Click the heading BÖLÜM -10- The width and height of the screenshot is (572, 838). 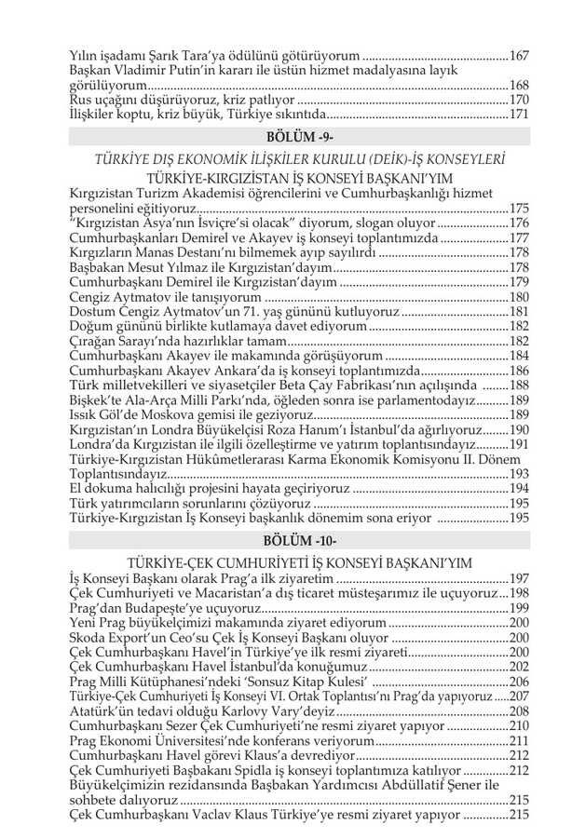click(286, 541)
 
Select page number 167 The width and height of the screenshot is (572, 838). click(519, 56)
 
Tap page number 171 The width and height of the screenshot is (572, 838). click(519, 115)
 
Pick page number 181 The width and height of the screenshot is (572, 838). click(519, 311)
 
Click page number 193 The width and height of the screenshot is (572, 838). click(519, 473)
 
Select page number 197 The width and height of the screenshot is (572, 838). click(519, 578)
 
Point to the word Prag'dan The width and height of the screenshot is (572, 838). click(100, 608)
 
